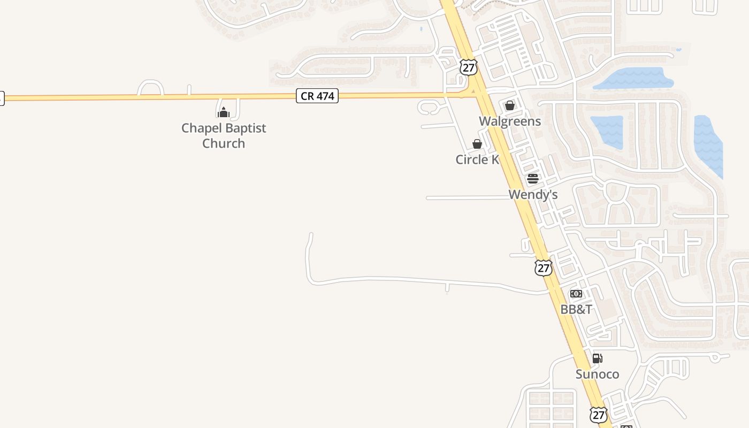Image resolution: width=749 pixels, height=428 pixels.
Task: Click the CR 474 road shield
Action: (317, 96)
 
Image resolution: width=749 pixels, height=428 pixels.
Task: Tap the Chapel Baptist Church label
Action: (224, 135)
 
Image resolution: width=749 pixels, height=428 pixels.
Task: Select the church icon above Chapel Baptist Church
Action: (224, 112)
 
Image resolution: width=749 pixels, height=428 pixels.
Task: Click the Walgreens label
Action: (510, 121)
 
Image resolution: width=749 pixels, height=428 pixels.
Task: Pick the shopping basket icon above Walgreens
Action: (510, 105)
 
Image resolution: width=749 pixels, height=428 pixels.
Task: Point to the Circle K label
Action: (477, 159)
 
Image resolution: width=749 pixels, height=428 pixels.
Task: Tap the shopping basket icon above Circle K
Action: (477, 144)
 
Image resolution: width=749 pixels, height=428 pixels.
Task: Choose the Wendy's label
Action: (533, 195)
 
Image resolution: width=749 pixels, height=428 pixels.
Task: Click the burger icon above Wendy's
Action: (532, 179)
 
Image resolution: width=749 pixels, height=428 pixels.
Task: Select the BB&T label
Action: (576, 309)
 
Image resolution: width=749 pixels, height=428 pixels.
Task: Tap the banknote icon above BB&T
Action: (576, 294)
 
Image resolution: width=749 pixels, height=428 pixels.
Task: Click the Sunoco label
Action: (597, 374)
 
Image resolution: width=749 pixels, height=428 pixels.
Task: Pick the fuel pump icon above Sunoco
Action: (597, 358)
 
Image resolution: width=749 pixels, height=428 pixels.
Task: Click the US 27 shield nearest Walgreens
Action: (468, 67)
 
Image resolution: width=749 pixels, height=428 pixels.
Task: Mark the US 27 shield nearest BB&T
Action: (544, 267)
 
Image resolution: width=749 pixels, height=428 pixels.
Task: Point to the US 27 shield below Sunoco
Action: (599, 414)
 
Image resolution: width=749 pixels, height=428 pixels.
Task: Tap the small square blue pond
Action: (607, 132)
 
